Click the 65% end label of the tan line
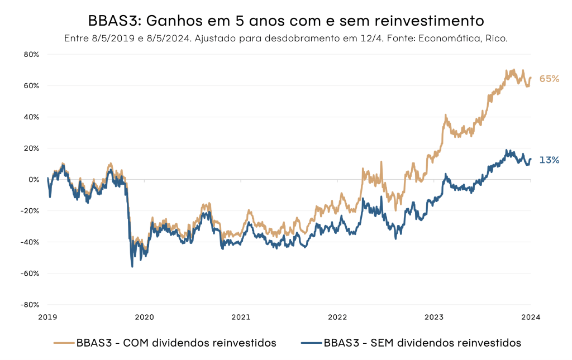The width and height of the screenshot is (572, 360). point(549,79)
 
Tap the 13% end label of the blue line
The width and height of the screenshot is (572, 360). point(549,160)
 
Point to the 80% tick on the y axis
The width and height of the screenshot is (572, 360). point(31,55)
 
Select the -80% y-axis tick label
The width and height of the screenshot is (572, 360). point(30,305)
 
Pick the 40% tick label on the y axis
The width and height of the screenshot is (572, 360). point(31,117)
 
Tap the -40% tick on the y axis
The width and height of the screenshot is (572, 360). point(30,242)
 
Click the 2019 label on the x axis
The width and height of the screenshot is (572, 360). point(47,317)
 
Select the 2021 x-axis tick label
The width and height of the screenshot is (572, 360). point(241,317)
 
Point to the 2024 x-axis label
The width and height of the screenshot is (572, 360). point(531,317)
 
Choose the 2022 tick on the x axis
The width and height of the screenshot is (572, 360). point(337,317)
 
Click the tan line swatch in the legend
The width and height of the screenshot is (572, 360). point(64,343)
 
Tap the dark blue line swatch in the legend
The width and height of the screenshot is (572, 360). point(311,343)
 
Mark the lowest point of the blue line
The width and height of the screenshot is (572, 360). point(132,267)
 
